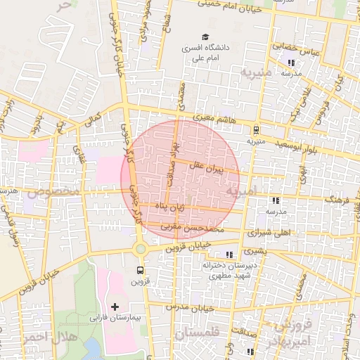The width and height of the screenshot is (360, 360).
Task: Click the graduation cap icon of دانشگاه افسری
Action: (205, 37)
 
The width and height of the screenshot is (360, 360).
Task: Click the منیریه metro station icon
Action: (255, 129)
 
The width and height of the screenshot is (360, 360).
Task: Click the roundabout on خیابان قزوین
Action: (141, 248)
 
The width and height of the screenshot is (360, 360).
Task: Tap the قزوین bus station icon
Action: (141, 269)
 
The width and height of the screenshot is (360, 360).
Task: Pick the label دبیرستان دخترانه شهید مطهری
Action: (226, 271)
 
